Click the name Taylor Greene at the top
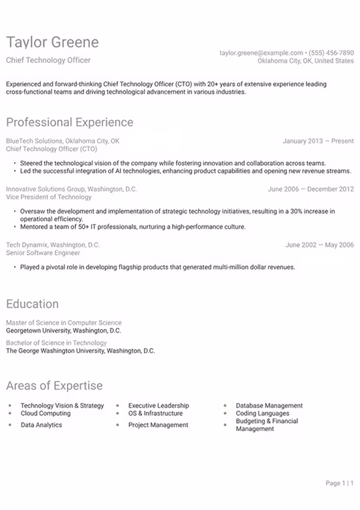pos(52,43)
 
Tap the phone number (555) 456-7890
pos(331,52)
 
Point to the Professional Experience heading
pos(70,122)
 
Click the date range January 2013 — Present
pos(319,141)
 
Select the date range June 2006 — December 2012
pos(311,189)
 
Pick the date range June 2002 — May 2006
pos(320,245)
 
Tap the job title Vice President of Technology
pos(49,197)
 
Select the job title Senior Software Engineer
pos(43,253)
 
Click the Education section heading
pos(32,304)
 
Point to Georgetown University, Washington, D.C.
pos(64,331)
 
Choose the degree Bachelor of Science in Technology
pos(57,343)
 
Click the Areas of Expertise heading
pos(54,386)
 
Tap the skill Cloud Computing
pos(46,414)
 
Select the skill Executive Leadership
pos(159,406)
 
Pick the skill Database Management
pos(269,406)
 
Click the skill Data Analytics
pos(41,425)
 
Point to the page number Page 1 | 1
pos(339,483)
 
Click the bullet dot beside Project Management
pos(118,425)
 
